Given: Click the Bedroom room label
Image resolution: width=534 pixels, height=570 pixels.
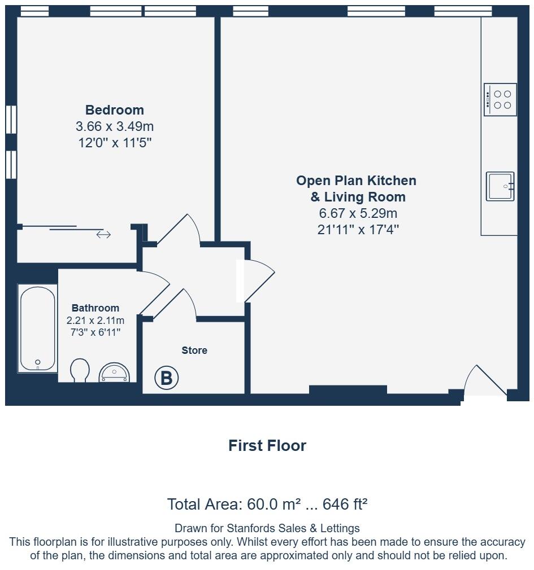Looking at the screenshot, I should pyautogui.click(x=115, y=110).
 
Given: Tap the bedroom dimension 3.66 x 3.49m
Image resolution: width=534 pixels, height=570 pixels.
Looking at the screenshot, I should pyautogui.click(x=115, y=126).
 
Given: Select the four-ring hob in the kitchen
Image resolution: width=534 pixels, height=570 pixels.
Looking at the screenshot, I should pyautogui.click(x=500, y=100).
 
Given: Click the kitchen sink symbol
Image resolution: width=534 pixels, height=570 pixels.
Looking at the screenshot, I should pyautogui.click(x=500, y=186).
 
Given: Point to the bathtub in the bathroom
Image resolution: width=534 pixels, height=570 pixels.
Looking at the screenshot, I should pyautogui.click(x=38, y=328).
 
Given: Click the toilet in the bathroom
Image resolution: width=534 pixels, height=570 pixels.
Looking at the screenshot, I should pyautogui.click(x=80, y=371).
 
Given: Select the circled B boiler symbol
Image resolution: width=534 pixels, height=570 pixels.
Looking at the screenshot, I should pyautogui.click(x=167, y=378).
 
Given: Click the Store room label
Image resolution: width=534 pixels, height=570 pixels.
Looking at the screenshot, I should pyautogui.click(x=194, y=350).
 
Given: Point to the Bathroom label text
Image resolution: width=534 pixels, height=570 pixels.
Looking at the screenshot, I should pyautogui.click(x=95, y=308).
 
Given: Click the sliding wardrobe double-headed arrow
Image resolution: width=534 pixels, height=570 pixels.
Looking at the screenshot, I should pyautogui.click(x=103, y=235).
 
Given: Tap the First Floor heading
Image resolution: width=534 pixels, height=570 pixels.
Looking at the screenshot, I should pyautogui.click(x=267, y=446).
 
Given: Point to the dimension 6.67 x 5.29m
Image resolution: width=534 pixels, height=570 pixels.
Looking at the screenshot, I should pyautogui.click(x=358, y=213).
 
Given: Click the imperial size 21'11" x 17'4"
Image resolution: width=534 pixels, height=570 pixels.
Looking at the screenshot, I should pyautogui.click(x=358, y=230).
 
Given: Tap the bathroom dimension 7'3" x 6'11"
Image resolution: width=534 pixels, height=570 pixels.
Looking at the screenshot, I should pyautogui.click(x=95, y=332).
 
